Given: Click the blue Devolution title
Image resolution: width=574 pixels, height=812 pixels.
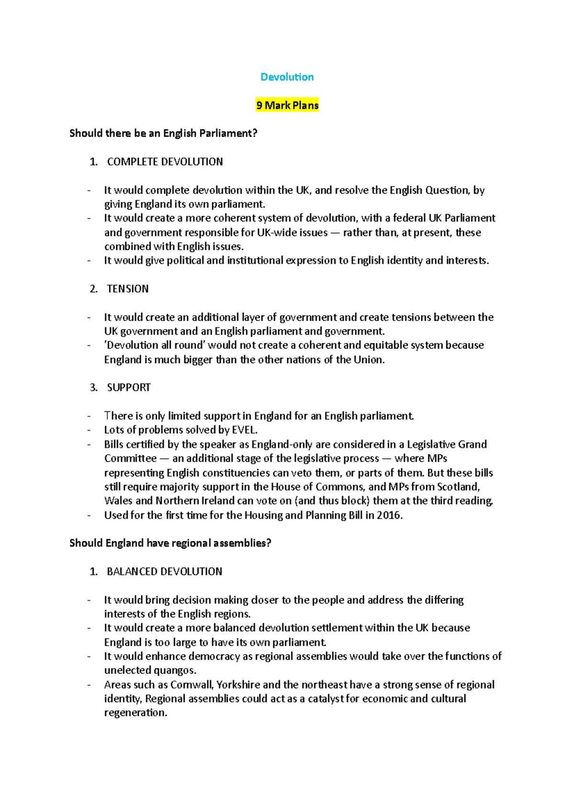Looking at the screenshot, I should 287,77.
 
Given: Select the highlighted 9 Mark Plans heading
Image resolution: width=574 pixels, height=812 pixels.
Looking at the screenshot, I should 287,105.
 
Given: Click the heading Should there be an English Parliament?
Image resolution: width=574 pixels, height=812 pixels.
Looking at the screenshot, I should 163,133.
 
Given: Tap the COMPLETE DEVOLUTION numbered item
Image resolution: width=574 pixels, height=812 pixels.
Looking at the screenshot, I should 165,162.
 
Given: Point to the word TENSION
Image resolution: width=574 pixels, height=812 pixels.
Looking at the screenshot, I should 128,289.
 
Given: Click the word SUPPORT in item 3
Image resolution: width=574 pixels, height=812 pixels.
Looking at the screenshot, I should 129,387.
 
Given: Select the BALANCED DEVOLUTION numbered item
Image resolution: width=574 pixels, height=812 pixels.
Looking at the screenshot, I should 165,571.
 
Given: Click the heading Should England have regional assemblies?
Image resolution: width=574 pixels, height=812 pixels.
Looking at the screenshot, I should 170,543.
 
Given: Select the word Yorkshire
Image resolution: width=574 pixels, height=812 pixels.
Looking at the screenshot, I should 238,685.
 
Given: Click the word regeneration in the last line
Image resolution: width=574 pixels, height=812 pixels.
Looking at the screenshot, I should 135,713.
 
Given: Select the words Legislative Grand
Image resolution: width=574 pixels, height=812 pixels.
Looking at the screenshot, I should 447,444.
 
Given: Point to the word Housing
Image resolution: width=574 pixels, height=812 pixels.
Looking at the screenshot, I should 264,516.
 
